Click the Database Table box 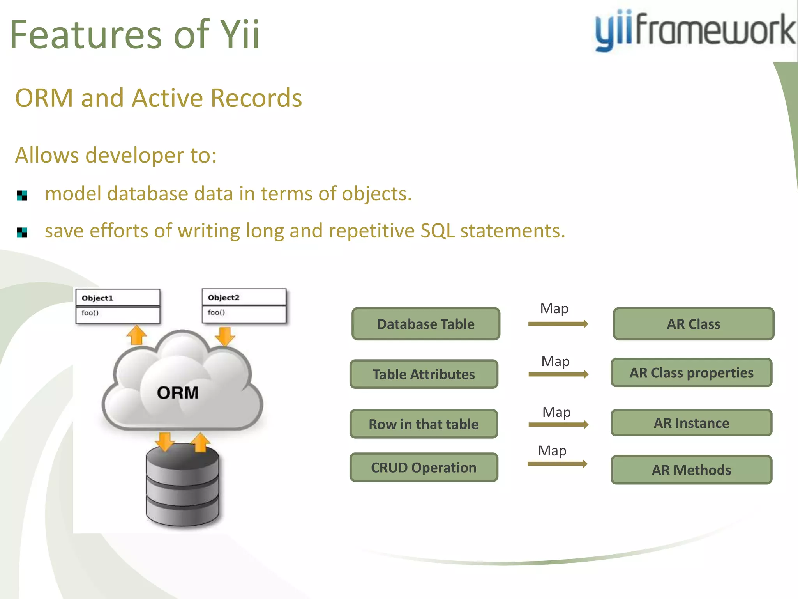coord(425,324)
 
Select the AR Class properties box coord(691,373)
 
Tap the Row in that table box coord(424,424)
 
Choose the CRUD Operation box coord(424,467)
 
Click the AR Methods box coord(691,470)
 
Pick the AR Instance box coord(691,423)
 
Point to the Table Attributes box coord(424,374)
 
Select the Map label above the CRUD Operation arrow coord(552,451)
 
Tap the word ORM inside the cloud coord(178,393)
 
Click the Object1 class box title coord(97,298)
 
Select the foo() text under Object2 coord(216,312)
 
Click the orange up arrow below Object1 coord(137,335)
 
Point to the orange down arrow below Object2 coord(225,336)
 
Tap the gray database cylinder coord(182,487)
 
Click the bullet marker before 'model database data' coord(22,195)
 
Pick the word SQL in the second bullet coord(437,230)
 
